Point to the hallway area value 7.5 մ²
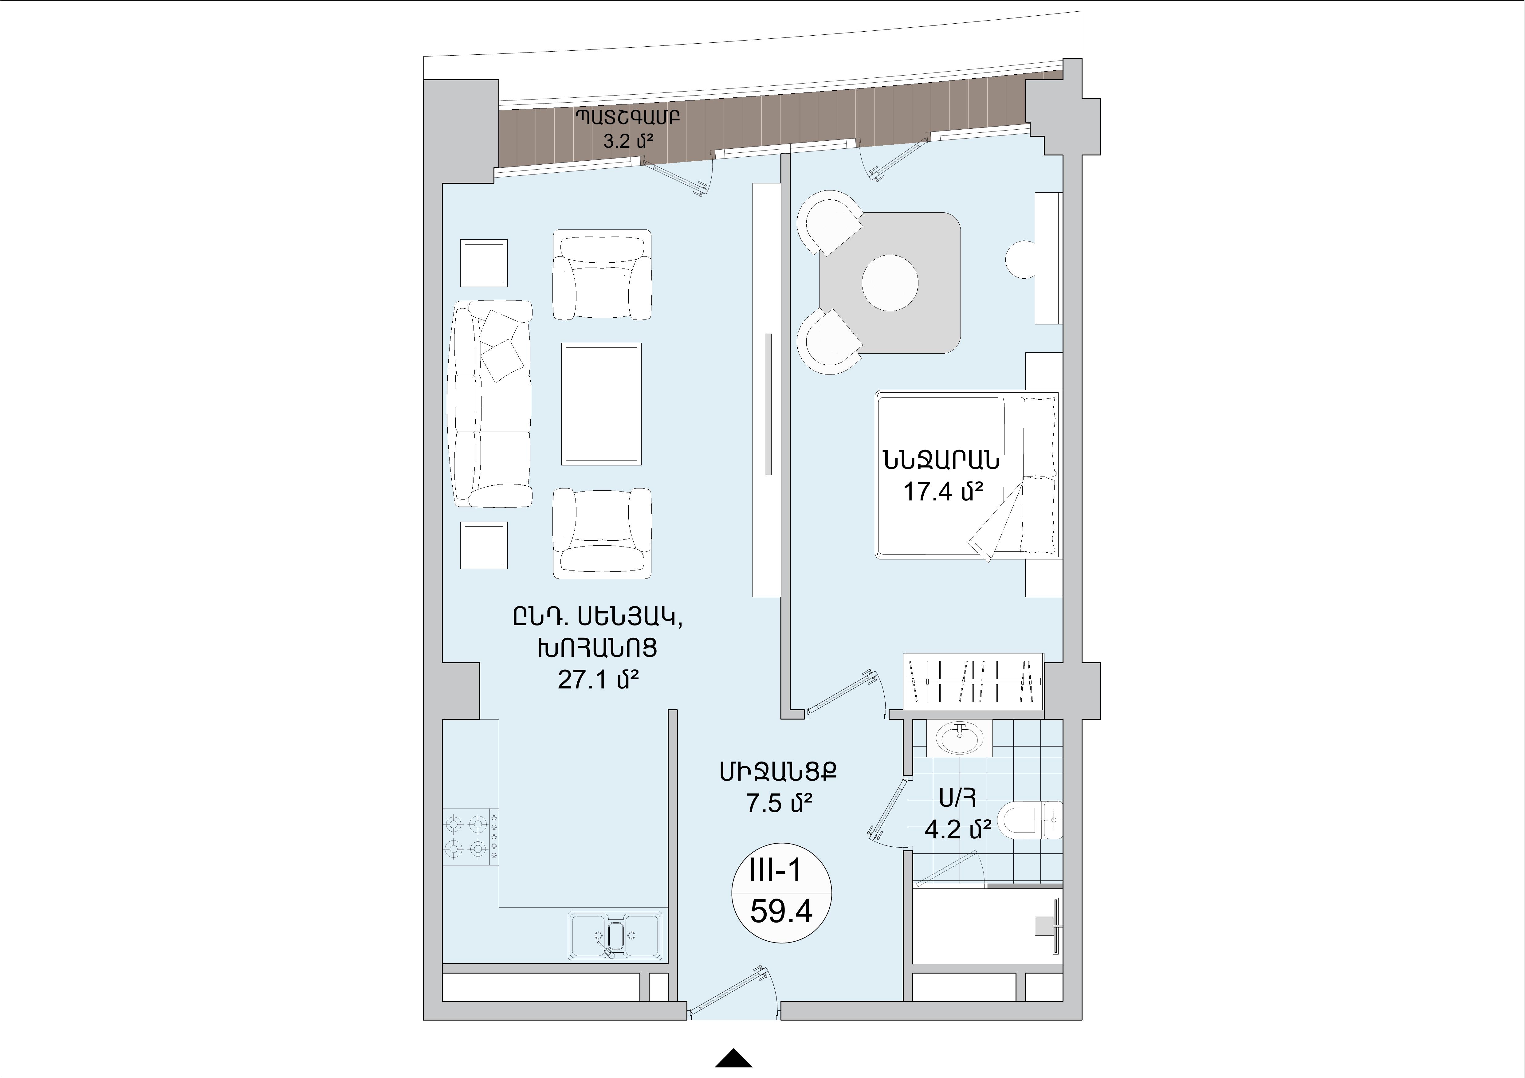pos(779,803)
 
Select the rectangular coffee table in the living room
pos(601,404)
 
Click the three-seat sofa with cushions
pos(491,404)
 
